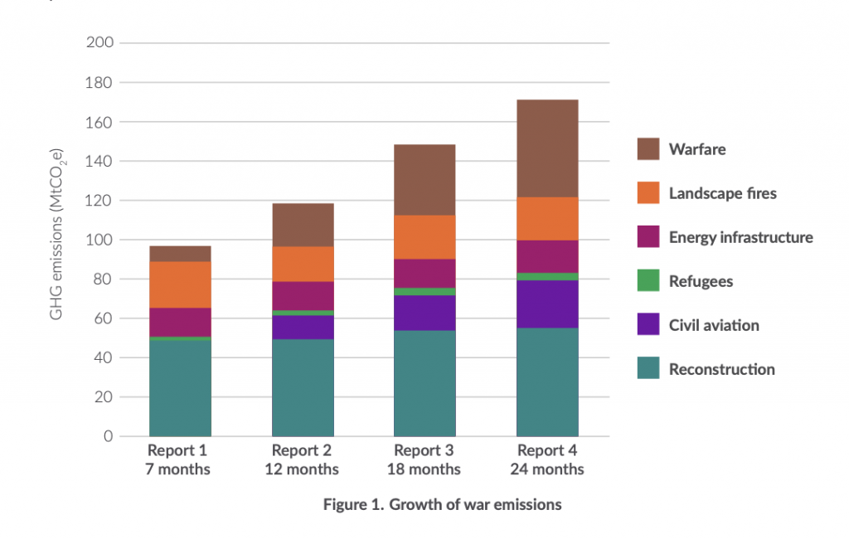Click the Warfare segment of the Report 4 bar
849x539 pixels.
(547, 148)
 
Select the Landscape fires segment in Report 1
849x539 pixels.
(180, 285)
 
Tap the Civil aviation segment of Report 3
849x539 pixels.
(424, 313)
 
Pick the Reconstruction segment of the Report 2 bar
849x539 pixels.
(303, 388)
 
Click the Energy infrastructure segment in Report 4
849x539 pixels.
(547, 257)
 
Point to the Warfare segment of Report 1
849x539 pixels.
(180, 254)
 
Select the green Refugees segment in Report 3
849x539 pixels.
(424, 291)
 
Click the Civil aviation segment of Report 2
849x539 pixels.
(303, 328)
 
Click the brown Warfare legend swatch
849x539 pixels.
(648, 149)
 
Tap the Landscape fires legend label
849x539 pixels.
(722, 193)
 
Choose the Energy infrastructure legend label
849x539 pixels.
(740, 237)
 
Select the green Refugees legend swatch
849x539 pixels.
(648, 280)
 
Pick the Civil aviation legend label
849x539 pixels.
(714, 325)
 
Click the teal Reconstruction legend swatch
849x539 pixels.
(648, 368)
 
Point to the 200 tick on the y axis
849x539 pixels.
(99, 42)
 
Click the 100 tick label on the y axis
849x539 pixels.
(99, 240)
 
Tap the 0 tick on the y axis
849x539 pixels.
(109, 436)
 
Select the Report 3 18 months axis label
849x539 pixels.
(424, 459)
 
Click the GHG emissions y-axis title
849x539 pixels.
(56, 234)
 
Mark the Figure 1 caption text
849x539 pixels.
(443, 504)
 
